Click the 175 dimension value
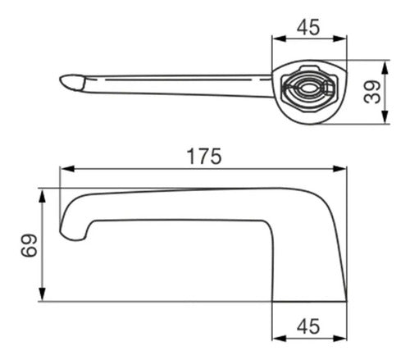coord(204,157)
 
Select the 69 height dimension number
coord(29,245)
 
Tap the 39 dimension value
coord(372,92)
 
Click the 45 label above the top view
coord(308,27)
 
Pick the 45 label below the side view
coord(308,326)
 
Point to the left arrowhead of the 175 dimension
coord(67,169)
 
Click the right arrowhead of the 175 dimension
coord(339,169)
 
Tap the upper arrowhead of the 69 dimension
coord(42,196)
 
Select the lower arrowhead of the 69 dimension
coord(42,294)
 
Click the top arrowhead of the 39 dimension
coord(385,68)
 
